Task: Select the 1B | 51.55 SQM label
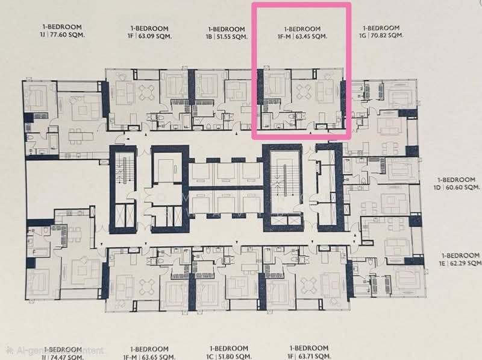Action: point(227,36)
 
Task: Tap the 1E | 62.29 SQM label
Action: point(461,264)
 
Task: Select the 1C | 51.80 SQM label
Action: point(227,356)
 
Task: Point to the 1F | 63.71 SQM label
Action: point(308,356)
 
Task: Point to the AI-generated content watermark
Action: point(54,350)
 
